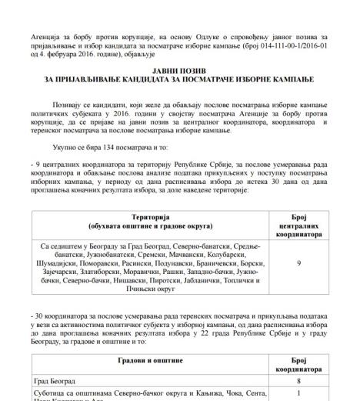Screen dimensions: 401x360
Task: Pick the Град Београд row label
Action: [61, 380]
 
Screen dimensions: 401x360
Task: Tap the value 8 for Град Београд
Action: [298, 380]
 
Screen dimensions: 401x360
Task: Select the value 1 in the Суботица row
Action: [298, 393]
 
